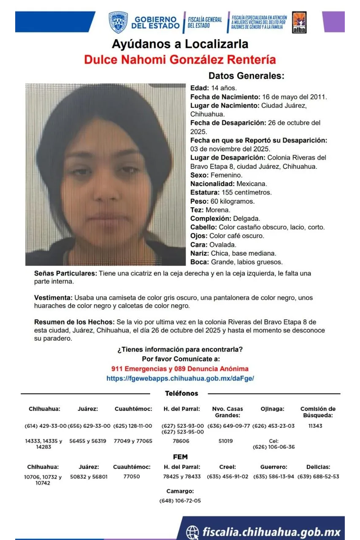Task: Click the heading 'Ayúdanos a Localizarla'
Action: point(180,44)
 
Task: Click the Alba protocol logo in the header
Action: point(299,22)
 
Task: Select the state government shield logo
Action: point(118,22)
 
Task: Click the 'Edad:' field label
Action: point(200,88)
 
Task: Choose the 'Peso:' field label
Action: point(199,201)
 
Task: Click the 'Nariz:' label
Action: point(200,254)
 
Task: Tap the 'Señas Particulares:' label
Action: point(65,273)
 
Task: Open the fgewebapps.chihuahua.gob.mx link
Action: point(180,378)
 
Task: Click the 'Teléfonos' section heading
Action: point(181,394)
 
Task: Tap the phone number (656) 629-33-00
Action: point(89,426)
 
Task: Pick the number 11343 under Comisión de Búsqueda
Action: point(315,426)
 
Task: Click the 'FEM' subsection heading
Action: point(180,457)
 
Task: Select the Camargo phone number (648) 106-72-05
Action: point(180,501)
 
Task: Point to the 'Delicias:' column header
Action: point(318,467)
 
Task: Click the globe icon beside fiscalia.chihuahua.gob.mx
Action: point(192,532)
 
